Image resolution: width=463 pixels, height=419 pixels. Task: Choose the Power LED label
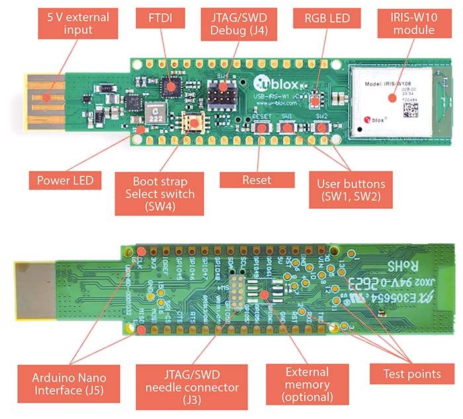(x=65, y=178)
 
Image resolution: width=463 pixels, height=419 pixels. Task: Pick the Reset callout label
(x=256, y=179)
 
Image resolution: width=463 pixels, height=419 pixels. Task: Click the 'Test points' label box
(x=412, y=374)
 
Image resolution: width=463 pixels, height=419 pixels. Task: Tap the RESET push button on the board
(x=260, y=127)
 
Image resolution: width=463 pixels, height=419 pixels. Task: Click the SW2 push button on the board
(x=321, y=127)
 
